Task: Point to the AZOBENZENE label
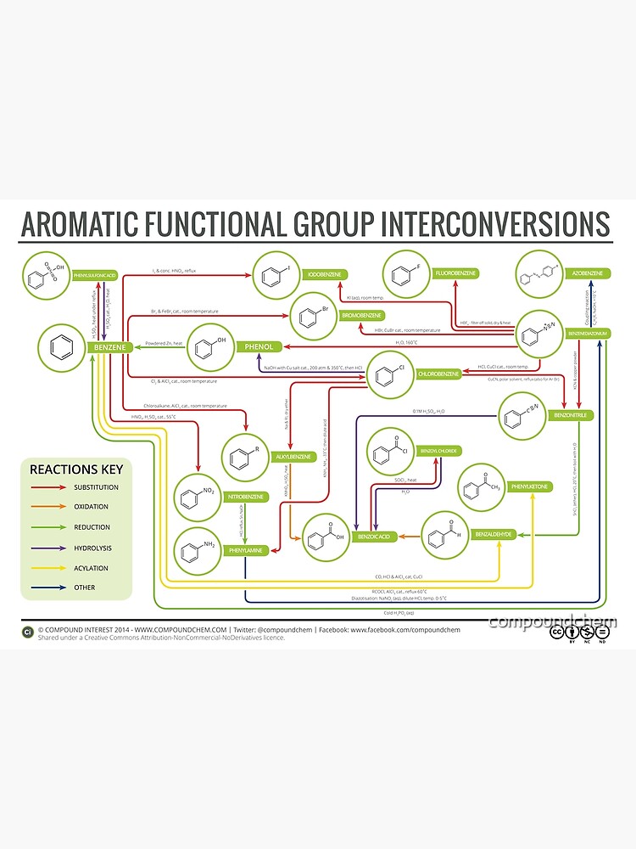point(588,273)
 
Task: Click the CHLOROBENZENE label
point(438,374)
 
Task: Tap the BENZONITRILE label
point(572,415)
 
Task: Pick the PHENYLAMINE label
point(247,550)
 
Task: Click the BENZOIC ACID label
point(374,537)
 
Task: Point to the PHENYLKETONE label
point(530,486)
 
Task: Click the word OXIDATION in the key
point(91,507)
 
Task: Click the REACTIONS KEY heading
point(76,469)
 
